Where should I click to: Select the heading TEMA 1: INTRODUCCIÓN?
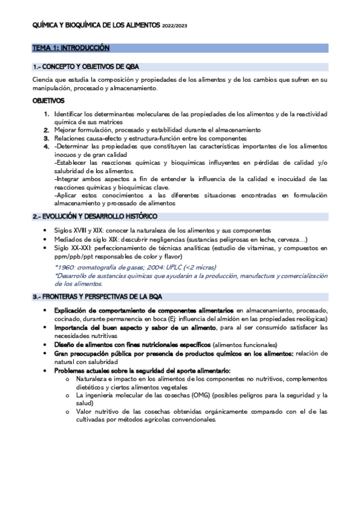[x=71, y=48]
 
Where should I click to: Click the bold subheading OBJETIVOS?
[x=49, y=101]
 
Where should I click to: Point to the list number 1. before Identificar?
[x=46, y=114]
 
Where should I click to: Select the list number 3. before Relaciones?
[x=46, y=138]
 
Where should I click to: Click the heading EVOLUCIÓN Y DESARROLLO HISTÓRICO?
[x=94, y=216]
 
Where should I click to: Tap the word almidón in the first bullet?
[x=234, y=318]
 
